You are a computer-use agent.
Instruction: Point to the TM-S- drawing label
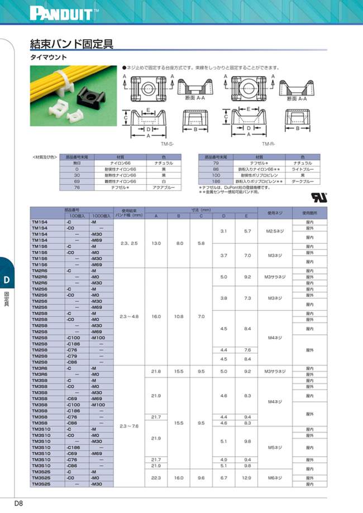tap(167, 144)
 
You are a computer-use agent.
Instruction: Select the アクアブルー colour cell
tap(164, 187)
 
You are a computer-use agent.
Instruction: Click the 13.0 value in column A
tap(156, 243)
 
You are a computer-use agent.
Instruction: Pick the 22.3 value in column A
tap(156, 478)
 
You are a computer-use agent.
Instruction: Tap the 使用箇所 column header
tap(310, 213)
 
